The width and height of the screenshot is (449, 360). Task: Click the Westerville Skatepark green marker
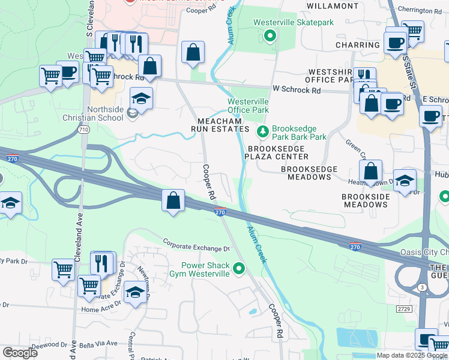pyautogui.click(x=270, y=36)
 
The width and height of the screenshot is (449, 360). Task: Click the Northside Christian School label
pyautogui.click(x=105, y=113)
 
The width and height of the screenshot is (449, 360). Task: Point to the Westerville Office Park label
pyautogui.click(x=248, y=106)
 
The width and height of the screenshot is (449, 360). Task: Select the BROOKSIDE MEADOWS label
pyautogui.click(x=365, y=200)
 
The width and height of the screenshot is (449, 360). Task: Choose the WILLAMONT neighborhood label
pyautogui.click(x=332, y=5)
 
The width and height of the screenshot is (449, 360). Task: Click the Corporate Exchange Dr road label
pyautogui.click(x=197, y=245)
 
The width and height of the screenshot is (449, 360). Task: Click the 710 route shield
pyautogui.click(x=83, y=129)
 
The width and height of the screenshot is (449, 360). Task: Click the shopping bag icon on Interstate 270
pyautogui.click(x=173, y=200)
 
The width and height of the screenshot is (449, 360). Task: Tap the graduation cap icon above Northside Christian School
pyautogui.click(x=141, y=98)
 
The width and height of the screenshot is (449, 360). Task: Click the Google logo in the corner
pyautogui.click(x=20, y=353)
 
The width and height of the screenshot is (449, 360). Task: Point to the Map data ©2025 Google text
pyautogui.click(x=412, y=355)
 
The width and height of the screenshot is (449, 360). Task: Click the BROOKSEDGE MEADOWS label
pyautogui.click(x=309, y=173)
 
